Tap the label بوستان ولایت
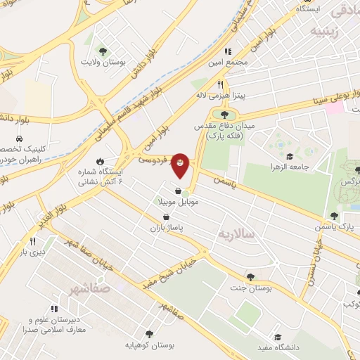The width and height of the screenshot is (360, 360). pos(103,63)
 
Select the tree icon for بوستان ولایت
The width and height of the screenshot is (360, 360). pos(103,51)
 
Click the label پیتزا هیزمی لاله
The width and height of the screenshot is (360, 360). pos(219,94)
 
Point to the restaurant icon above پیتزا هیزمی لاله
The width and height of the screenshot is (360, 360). pos(220,83)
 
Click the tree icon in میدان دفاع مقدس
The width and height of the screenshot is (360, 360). pos(225,115)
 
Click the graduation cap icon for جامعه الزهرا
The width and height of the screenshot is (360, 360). pos(288,157)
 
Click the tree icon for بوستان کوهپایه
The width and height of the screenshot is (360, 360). pos(148,333)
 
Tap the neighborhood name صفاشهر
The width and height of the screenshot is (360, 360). pos(91,287)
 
